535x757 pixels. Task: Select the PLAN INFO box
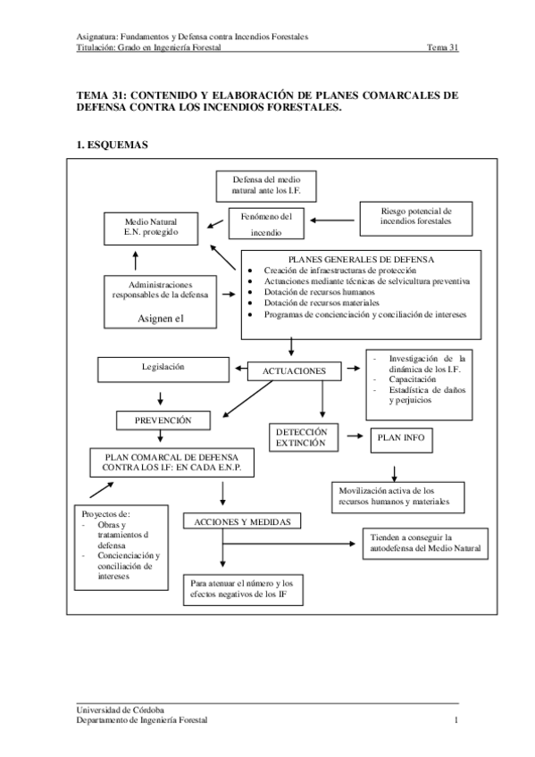[x=402, y=438]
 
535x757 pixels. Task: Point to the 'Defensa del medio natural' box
[x=265, y=185]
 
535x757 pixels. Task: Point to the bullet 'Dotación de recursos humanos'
[x=320, y=292]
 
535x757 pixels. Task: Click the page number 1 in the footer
[x=456, y=720]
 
